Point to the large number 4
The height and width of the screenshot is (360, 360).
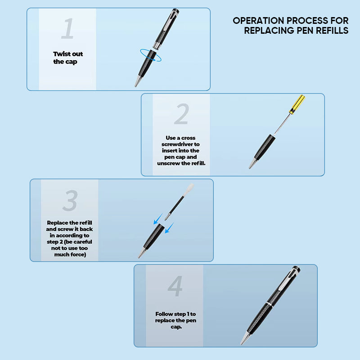click(175, 286)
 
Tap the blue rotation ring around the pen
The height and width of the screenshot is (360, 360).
click(151, 55)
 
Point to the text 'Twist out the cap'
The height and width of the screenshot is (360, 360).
click(68, 58)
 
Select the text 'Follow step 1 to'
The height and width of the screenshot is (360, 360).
click(175, 314)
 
